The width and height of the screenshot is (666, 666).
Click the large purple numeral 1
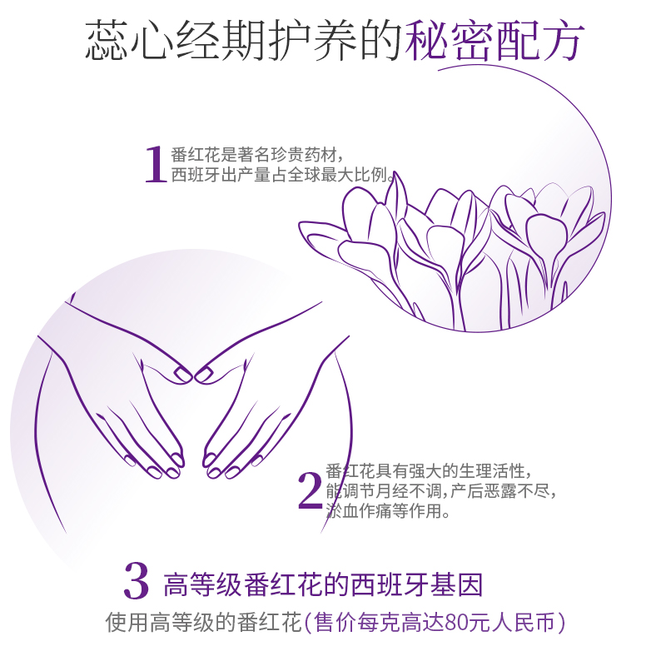[156, 164]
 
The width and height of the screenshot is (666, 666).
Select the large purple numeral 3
[137, 580]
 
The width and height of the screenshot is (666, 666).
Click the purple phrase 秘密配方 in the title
[495, 40]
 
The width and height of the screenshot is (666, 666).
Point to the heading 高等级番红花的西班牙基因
[323, 585]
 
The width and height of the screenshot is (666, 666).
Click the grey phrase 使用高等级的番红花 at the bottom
[203, 623]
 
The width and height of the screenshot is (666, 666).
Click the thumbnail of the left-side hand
[182, 374]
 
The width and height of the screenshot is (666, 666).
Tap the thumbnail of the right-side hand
[204, 374]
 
